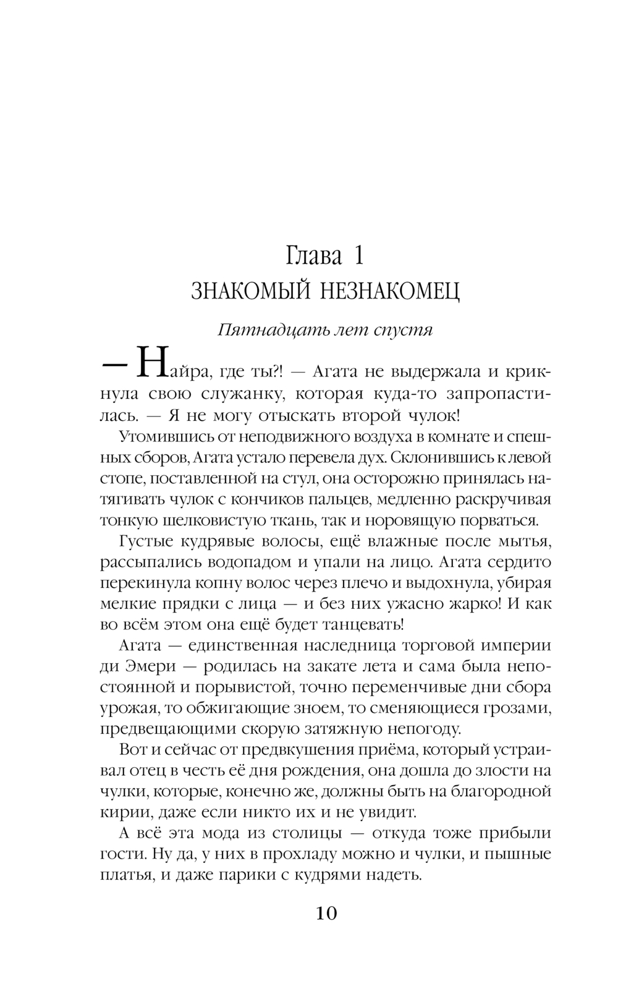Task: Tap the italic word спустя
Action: click(x=403, y=330)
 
